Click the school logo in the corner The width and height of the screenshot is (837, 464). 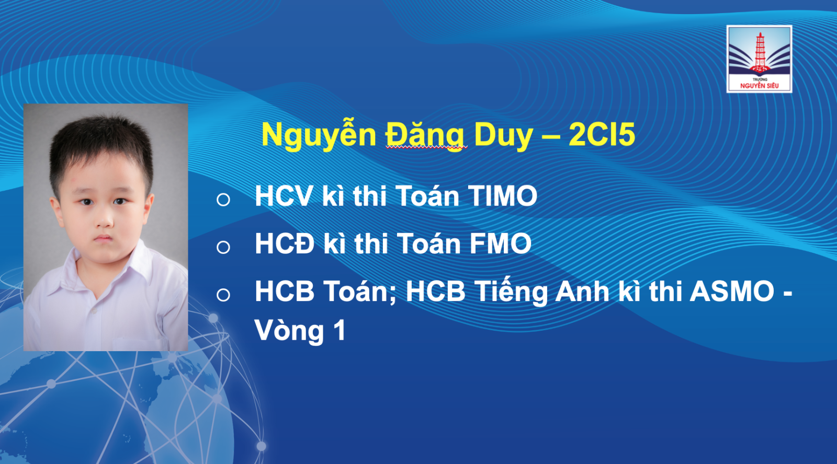coord(759,59)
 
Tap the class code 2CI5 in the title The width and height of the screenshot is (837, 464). coord(602,134)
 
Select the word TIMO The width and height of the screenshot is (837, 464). coord(503,195)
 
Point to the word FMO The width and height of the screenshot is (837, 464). coord(501,243)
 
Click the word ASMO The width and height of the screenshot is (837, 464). coord(732,291)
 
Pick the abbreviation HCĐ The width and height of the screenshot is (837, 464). coord(285,243)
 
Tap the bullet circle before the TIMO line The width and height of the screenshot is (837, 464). coord(223,200)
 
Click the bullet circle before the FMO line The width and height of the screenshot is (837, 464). coord(223,247)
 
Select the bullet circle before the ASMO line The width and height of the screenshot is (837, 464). coord(223,295)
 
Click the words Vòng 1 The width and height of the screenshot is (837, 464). coord(300,331)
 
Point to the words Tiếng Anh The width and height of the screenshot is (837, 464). coord(507,292)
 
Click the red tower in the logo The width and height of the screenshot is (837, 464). coord(760,52)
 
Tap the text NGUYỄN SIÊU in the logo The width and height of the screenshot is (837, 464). coord(759,86)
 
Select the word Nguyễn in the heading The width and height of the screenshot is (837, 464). coord(319,135)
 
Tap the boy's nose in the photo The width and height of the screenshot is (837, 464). coord(104,219)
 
